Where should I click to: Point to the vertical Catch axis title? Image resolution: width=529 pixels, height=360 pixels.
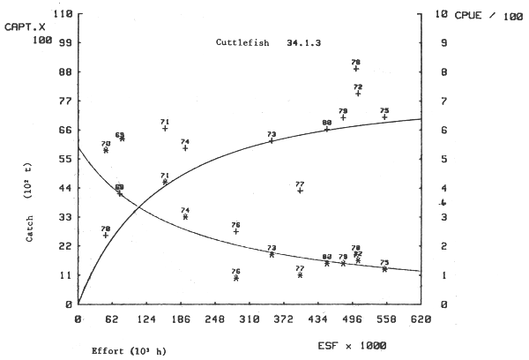tap(29, 215)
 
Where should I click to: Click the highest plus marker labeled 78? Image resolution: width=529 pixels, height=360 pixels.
tap(356, 69)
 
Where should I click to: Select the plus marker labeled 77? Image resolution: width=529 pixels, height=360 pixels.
tap(301, 191)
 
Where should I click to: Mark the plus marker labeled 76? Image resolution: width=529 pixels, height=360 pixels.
tap(236, 231)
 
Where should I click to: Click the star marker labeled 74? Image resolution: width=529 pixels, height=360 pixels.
tap(185, 217)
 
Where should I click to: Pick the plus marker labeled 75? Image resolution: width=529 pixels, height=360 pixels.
tap(384, 117)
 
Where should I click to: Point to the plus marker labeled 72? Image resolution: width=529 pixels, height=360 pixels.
tap(358, 94)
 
